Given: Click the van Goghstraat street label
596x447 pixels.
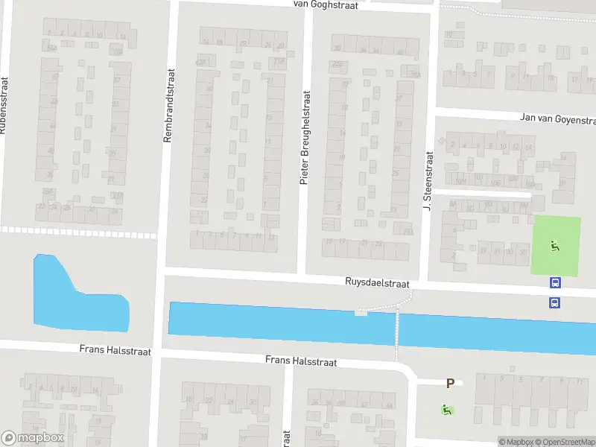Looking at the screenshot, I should pyautogui.click(x=326, y=5).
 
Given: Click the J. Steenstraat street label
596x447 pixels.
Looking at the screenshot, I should pyautogui.click(x=428, y=180).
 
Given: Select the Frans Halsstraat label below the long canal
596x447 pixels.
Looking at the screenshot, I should pyautogui.click(x=301, y=361).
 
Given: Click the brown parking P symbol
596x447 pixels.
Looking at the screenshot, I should pyautogui.click(x=450, y=383).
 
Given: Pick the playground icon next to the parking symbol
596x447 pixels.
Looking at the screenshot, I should pyautogui.click(x=446, y=408).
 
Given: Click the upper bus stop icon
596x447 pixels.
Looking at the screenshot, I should pyautogui.click(x=555, y=282).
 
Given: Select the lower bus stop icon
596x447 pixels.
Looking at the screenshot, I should pyautogui.click(x=555, y=302).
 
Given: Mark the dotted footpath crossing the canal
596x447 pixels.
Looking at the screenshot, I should pyautogui.click(x=397, y=329).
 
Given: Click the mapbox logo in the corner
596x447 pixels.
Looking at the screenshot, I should pyautogui.click(x=32, y=438).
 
